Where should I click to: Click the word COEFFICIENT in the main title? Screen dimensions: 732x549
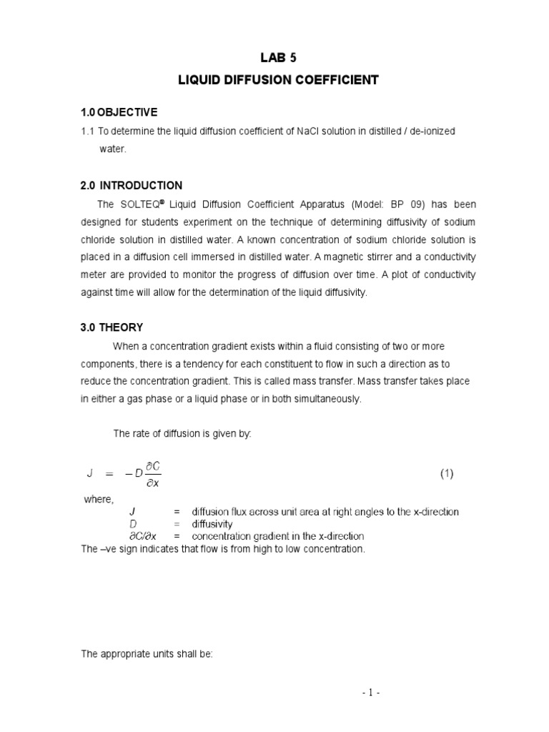pos(338,81)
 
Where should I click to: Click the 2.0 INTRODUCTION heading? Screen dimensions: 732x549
pos(131,185)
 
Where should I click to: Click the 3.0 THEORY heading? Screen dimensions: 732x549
pos(112,327)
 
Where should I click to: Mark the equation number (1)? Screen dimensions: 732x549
pos(447,474)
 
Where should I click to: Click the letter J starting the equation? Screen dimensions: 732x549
pos(90,474)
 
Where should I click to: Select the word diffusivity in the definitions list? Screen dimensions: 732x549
pos(212,524)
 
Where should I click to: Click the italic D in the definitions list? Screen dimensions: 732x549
pos(132,524)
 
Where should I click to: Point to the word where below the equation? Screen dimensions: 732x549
pos(99,499)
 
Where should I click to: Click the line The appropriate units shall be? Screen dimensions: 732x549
pos(147,655)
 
